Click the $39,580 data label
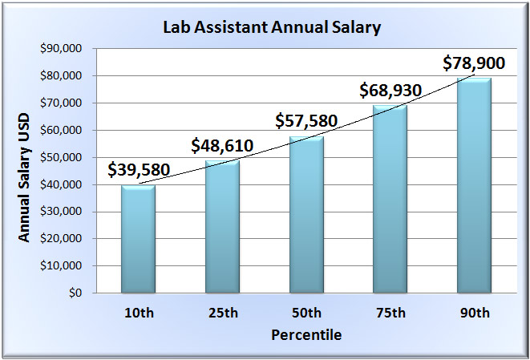click(138, 170)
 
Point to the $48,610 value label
click(222, 146)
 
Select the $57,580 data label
click(306, 121)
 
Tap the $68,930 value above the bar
click(390, 91)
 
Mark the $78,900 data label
click(474, 63)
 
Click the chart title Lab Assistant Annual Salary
click(272, 27)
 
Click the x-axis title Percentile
click(305, 334)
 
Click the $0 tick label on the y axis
click(75, 293)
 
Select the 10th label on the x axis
click(138, 313)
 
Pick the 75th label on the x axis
click(390, 313)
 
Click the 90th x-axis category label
click(474, 313)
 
